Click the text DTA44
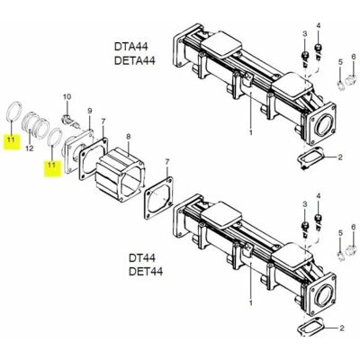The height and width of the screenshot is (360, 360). [130, 47]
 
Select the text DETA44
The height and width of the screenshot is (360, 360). [134, 61]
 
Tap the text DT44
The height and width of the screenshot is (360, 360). [142, 257]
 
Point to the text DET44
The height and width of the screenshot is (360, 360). [146, 272]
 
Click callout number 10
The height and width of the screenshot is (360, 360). [67, 97]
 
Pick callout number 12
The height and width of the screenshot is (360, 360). [30, 148]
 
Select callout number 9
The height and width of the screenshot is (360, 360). [90, 111]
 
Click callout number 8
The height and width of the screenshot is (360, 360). [129, 137]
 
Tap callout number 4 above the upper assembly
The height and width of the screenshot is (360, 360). [319, 25]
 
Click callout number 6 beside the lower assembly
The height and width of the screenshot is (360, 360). [353, 228]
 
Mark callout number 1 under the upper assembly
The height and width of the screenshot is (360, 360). [251, 132]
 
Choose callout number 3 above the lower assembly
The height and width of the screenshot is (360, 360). [305, 204]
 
